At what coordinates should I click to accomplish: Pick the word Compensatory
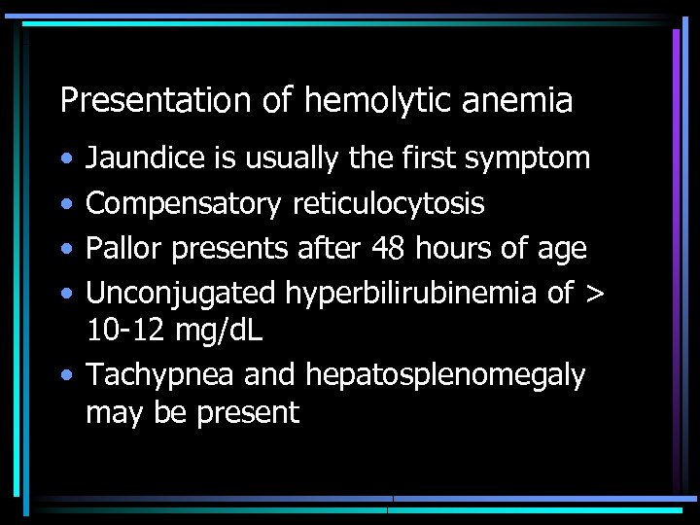181,203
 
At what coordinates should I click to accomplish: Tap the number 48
392,249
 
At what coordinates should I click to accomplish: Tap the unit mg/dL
219,331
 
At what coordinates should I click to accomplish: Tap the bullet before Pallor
63,249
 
